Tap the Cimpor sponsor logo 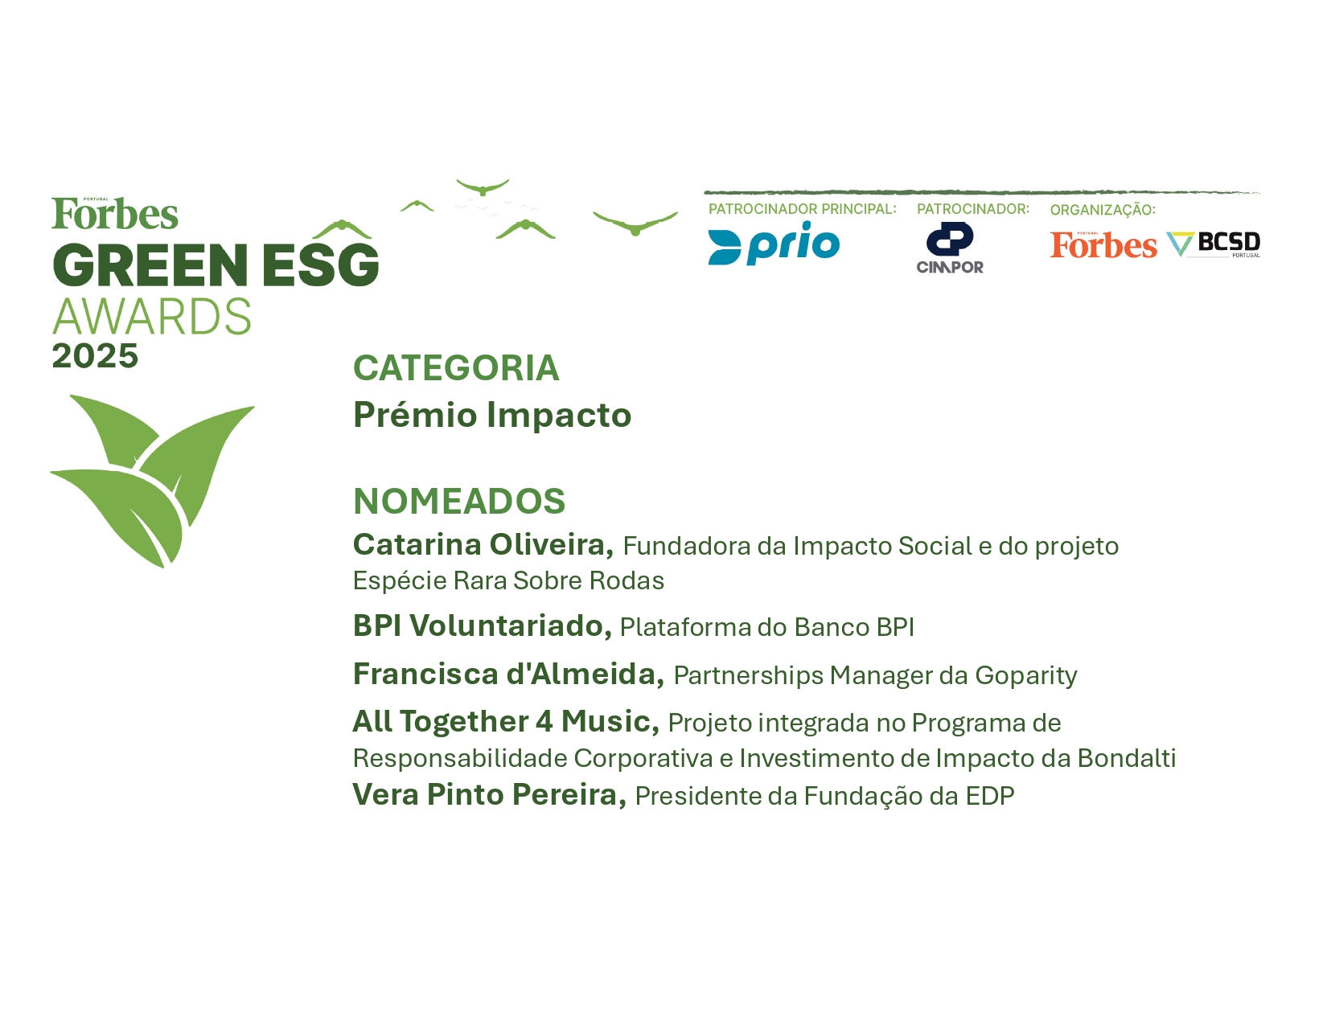click(950, 248)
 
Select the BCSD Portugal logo click(1214, 245)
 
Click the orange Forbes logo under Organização click(1103, 245)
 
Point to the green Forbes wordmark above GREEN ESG click(115, 214)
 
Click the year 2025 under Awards click(95, 356)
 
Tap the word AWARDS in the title click(151, 316)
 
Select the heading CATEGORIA click(456, 368)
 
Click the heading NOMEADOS click(459, 501)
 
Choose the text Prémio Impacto click(492, 416)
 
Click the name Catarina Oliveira click(483, 544)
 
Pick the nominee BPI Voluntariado click(483, 625)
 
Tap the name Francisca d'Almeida click(509, 674)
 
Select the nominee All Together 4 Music click(506, 722)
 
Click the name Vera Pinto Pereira click(490, 794)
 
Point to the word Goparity click(1026, 676)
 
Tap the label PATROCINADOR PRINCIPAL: click(803, 209)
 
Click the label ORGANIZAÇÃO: click(1103, 209)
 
